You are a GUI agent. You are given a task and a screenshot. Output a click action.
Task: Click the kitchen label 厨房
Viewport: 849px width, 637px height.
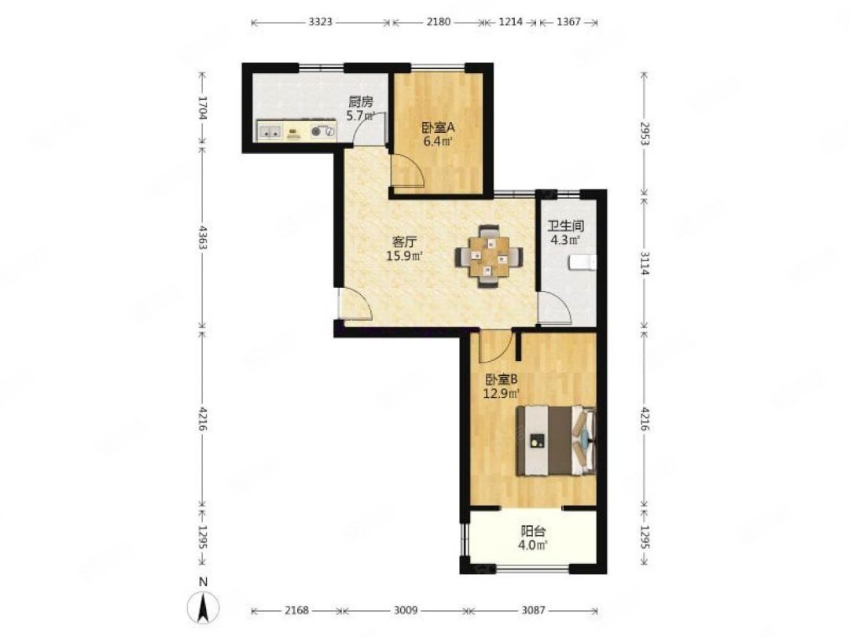(x=361, y=101)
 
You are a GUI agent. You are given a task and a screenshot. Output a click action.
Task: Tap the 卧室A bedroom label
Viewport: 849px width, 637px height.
(x=438, y=128)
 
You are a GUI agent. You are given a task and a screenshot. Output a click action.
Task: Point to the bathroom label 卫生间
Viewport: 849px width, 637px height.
(x=566, y=226)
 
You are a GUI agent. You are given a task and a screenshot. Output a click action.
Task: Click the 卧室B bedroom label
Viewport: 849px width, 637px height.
(x=502, y=380)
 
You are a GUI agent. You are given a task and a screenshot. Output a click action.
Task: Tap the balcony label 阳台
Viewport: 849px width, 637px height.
(x=533, y=532)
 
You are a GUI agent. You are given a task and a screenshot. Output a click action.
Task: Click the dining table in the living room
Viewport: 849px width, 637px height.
(x=490, y=256)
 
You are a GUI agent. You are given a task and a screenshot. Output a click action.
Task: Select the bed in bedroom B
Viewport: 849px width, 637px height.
(x=556, y=441)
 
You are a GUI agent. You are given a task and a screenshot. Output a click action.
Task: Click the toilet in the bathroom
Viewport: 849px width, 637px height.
(x=582, y=263)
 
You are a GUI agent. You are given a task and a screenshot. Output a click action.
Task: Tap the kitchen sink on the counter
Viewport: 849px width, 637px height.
(x=270, y=131)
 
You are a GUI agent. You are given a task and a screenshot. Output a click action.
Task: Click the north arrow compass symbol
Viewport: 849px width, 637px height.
(x=203, y=607)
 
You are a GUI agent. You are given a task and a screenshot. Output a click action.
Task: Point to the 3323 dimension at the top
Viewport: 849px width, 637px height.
(x=320, y=22)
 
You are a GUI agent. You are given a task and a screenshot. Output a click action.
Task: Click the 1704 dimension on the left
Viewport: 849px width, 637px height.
(x=203, y=107)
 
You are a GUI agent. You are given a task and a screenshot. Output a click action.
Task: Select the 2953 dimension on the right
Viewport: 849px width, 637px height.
(x=645, y=133)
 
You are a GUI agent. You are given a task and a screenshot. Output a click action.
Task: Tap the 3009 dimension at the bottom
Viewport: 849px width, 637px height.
(x=406, y=610)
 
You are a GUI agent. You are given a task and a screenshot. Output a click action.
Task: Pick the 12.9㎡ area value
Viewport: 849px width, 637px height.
(x=502, y=393)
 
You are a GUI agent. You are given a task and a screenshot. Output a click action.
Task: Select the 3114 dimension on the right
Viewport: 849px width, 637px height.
(x=645, y=263)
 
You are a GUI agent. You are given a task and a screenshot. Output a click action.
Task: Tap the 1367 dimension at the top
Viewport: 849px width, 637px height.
(x=568, y=22)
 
